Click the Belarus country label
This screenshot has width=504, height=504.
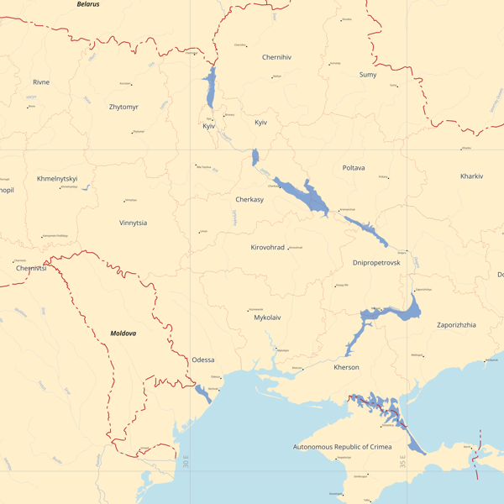point(88,4)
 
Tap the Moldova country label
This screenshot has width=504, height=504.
point(123,333)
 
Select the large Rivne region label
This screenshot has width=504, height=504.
point(41,82)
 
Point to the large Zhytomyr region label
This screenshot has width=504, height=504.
point(123,108)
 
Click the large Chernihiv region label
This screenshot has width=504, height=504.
point(276,57)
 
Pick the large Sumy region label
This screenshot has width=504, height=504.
point(368,75)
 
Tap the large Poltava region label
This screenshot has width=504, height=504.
point(354,168)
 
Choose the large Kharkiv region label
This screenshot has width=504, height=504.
point(471,176)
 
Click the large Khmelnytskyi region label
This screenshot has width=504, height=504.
point(57,179)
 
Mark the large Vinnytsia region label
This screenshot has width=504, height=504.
point(133,223)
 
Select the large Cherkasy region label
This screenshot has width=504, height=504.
point(249,200)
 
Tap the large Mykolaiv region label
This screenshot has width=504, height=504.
point(267,318)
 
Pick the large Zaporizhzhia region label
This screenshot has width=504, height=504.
point(456,324)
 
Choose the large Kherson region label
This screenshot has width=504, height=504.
point(346,368)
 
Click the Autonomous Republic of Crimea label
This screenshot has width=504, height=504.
point(342,447)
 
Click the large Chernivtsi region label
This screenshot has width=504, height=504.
point(31,269)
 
